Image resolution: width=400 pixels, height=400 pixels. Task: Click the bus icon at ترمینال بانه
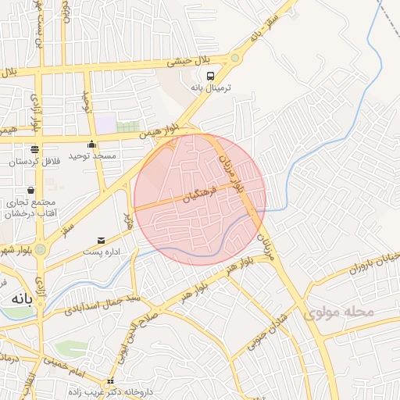211,76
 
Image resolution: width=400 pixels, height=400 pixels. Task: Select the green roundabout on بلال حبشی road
234,58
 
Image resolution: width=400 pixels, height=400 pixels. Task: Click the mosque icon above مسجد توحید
92,144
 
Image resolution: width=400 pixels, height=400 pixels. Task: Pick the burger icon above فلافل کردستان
34,149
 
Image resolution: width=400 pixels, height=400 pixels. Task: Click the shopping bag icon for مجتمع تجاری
30,190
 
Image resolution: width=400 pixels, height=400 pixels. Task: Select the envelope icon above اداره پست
100,240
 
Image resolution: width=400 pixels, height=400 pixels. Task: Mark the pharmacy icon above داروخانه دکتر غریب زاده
110,381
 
